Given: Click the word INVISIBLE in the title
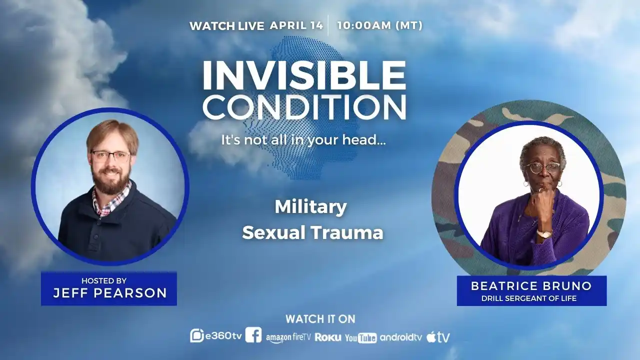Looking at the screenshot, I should pyautogui.click(x=303, y=76).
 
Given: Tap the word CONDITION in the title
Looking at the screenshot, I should pyautogui.click(x=304, y=107).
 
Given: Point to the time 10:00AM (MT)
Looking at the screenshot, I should pyautogui.click(x=379, y=25).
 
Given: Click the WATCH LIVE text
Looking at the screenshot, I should pyautogui.click(x=226, y=26).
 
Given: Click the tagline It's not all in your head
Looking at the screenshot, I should pyautogui.click(x=303, y=140).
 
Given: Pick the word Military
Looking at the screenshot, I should pyautogui.click(x=310, y=206).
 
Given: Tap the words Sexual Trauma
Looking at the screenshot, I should pyautogui.click(x=312, y=232).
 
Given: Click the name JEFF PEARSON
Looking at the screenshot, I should pyautogui.click(x=109, y=293).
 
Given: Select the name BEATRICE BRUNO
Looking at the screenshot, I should pyautogui.click(x=531, y=286).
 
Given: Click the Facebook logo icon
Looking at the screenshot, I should pyautogui.click(x=253, y=335).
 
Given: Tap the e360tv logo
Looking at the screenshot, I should pyautogui.click(x=216, y=336).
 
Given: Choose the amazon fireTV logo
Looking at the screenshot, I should pyautogui.click(x=288, y=337).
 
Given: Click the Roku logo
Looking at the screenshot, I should pyautogui.click(x=328, y=337).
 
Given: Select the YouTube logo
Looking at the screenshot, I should pyautogui.click(x=360, y=338).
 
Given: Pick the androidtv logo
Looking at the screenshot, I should pyautogui.click(x=401, y=337).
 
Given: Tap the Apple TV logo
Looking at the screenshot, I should pyautogui.click(x=438, y=337).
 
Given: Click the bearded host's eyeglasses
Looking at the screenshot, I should pyautogui.click(x=111, y=156).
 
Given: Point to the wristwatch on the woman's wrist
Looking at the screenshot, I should pyautogui.click(x=543, y=233).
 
